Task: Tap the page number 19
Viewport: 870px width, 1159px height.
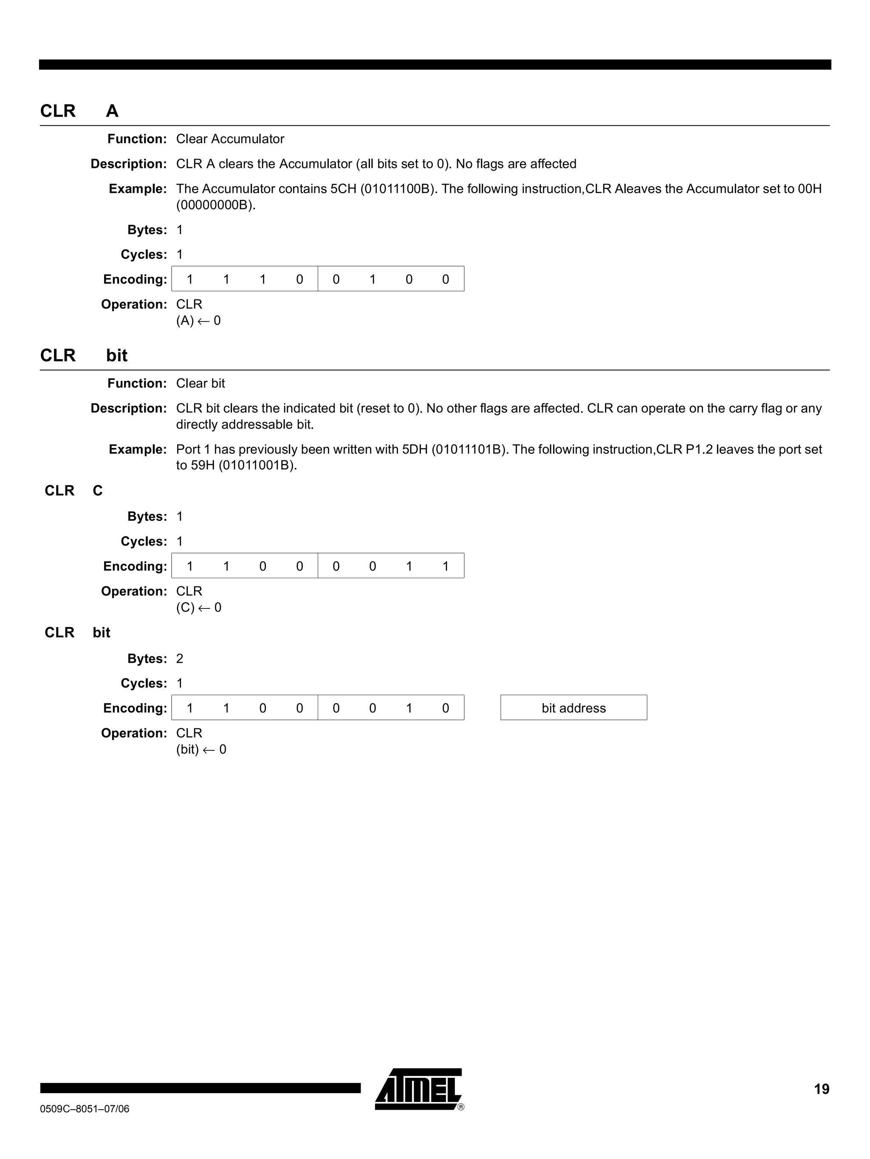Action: (821, 1089)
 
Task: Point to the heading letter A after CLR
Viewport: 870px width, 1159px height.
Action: (112, 111)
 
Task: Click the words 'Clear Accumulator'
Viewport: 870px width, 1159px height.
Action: (230, 139)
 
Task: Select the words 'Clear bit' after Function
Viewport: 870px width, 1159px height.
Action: (201, 383)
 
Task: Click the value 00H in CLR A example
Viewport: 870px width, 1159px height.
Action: (809, 189)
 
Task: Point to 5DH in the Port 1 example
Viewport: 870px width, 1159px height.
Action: (415, 449)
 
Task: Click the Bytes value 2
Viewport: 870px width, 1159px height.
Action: (180, 659)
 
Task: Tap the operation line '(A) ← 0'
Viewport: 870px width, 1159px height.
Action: (198, 321)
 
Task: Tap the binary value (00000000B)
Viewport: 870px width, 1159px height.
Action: (216, 205)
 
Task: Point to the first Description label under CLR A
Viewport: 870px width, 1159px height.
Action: (128, 164)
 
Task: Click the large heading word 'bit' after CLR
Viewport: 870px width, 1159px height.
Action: (117, 356)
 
